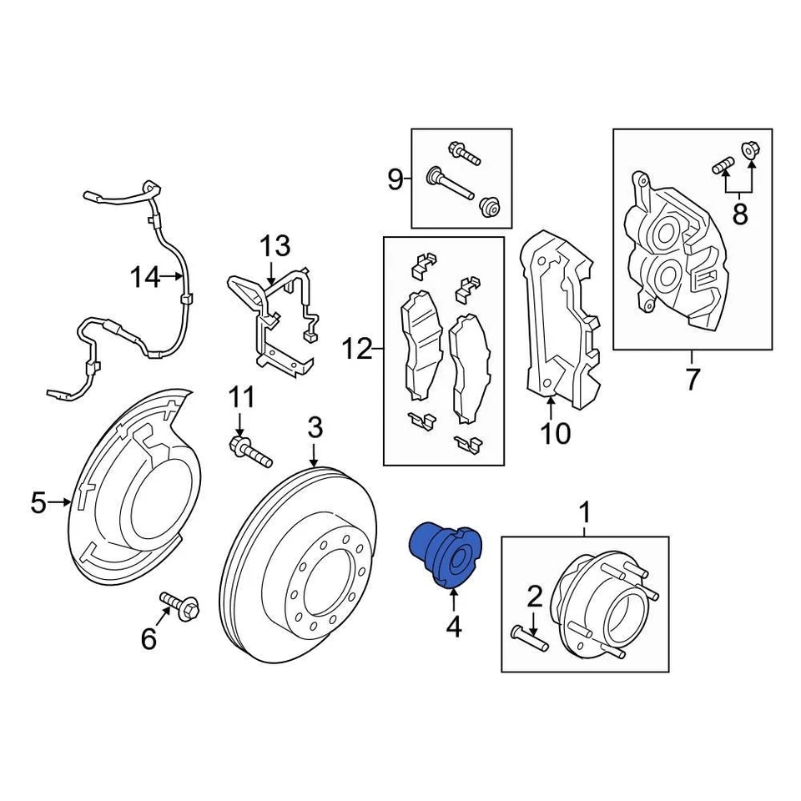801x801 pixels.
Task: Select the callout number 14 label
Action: coord(144,276)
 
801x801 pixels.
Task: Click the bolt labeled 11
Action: coord(249,451)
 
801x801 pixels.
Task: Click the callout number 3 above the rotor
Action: coord(314,429)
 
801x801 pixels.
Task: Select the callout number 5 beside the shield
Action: coord(38,502)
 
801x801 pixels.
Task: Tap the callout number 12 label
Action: coord(356,349)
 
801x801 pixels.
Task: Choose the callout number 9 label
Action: coord(395,179)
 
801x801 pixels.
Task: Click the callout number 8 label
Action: coord(739,214)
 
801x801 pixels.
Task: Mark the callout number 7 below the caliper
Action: coord(693,380)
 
